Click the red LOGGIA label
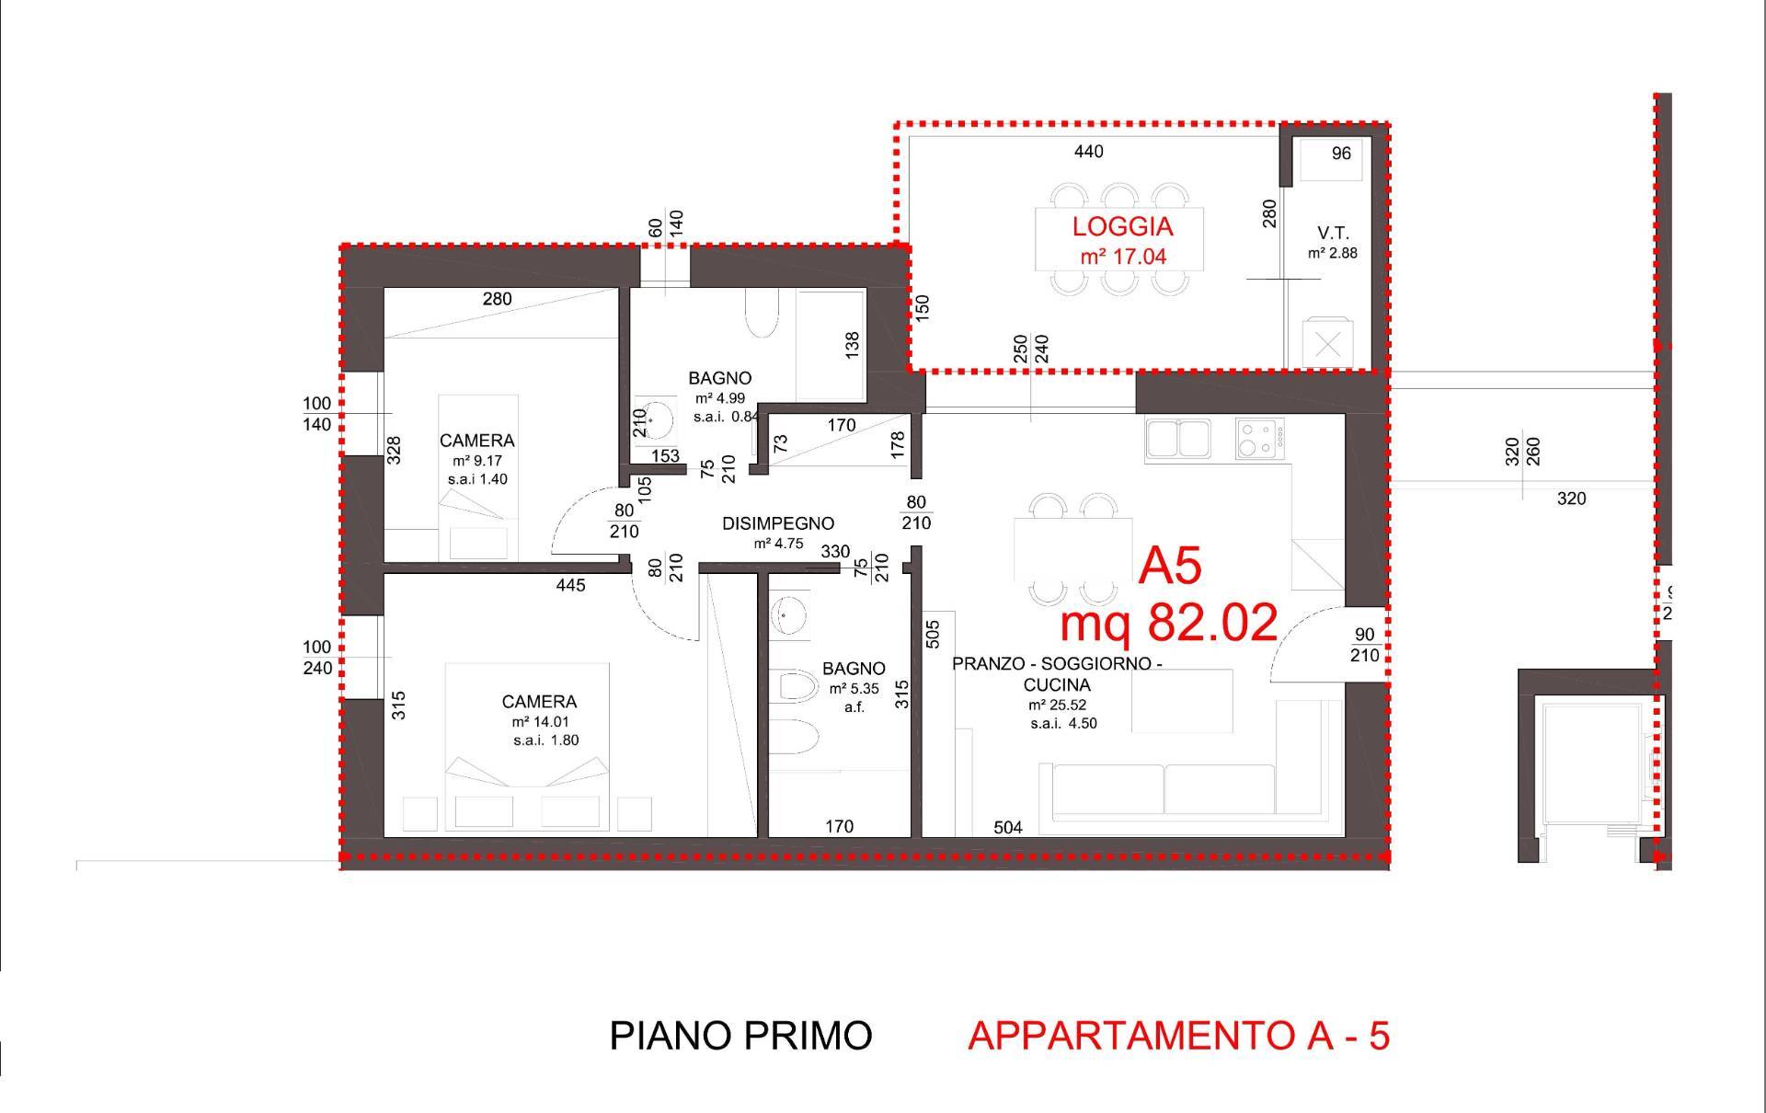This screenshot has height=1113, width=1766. tap(1123, 226)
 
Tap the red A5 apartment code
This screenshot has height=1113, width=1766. tap(1170, 566)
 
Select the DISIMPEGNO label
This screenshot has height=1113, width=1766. tap(778, 523)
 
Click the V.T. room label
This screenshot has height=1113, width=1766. tap(1332, 234)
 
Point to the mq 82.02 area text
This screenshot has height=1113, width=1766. tap(1169, 622)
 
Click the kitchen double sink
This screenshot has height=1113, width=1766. tap(1179, 439)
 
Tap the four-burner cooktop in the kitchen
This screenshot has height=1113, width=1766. tap(1260, 439)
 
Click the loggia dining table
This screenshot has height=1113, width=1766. tap(1119, 239)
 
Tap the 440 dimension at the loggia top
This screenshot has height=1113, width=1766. tap(1089, 151)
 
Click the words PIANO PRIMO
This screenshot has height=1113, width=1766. tap(740, 1036)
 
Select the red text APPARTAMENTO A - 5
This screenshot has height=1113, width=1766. tap(1178, 1036)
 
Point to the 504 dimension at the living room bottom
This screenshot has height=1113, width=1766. tap(1008, 828)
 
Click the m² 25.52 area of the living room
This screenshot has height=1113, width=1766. tap(1058, 706)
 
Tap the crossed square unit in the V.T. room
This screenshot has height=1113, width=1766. tap(1327, 343)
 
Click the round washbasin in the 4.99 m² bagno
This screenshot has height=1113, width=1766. tap(651, 420)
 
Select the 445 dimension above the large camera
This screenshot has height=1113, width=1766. tap(570, 585)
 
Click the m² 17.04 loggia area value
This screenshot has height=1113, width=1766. tap(1123, 257)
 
